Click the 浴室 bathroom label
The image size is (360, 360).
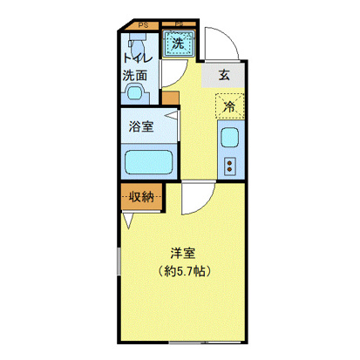click(x=142, y=126)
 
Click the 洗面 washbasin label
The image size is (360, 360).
click(x=134, y=75)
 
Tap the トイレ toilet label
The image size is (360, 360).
click(x=135, y=58)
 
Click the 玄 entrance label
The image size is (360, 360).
click(x=224, y=75)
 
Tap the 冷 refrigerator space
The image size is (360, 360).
click(x=228, y=106)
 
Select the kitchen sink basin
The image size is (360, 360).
click(x=229, y=137)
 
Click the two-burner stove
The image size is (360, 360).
click(x=231, y=164)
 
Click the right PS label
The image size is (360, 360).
click(x=179, y=24)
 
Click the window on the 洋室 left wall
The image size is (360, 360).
click(x=119, y=273)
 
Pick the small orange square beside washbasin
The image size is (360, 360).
click(x=170, y=97)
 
